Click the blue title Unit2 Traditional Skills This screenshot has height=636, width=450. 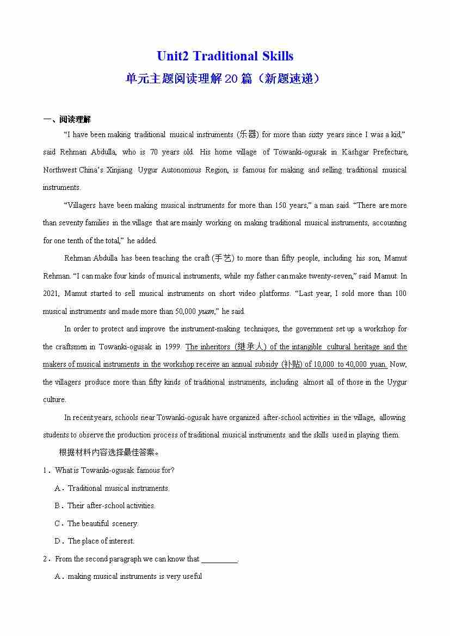(x=225, y=56)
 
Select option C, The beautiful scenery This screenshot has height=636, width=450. (x=102, y=523)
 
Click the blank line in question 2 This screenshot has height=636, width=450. (x=219, y=559)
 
